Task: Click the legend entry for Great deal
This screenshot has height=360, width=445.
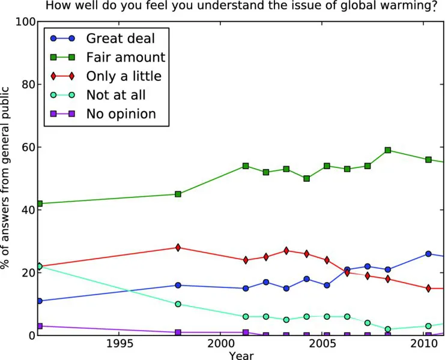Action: (x=120, y=39)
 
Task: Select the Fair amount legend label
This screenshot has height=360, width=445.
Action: (x=125, y=58)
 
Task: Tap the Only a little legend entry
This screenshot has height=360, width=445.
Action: (x=124, y=76)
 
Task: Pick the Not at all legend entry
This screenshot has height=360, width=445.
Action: (x=116, y=95)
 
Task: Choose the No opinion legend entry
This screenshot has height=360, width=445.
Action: (x=121, y=113)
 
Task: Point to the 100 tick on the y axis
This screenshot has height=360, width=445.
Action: (x=23, y=22)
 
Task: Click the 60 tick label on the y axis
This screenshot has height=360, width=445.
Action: (x=26, y=147)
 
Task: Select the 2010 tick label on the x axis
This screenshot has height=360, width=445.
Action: (x=425, y=344)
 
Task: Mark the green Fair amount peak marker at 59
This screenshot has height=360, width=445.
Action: (x=388, y=150)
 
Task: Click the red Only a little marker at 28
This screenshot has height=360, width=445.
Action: (x=178, y=247)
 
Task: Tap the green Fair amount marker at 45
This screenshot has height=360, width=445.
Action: (x=178, y=194)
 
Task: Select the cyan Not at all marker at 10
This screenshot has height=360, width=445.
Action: (x=178, y=304)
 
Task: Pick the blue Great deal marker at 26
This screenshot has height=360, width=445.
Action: (x=428, y=254)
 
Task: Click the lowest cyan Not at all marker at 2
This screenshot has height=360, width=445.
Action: (x=388, y=329)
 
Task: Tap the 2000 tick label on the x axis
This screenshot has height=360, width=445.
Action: (x=220, y=344)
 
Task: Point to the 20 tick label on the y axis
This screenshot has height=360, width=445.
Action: (x=26, y=272)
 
